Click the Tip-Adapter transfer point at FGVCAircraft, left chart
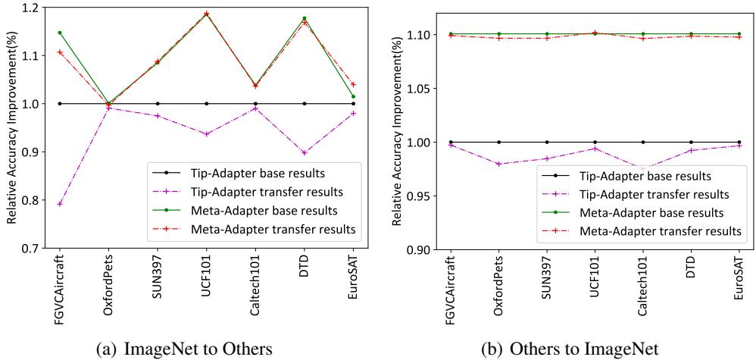59,204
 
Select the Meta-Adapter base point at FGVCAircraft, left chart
59,33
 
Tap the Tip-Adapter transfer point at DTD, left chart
305,152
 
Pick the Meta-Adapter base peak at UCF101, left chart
206,14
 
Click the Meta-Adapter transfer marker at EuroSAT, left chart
354,84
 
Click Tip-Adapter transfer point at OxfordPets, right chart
498,164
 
